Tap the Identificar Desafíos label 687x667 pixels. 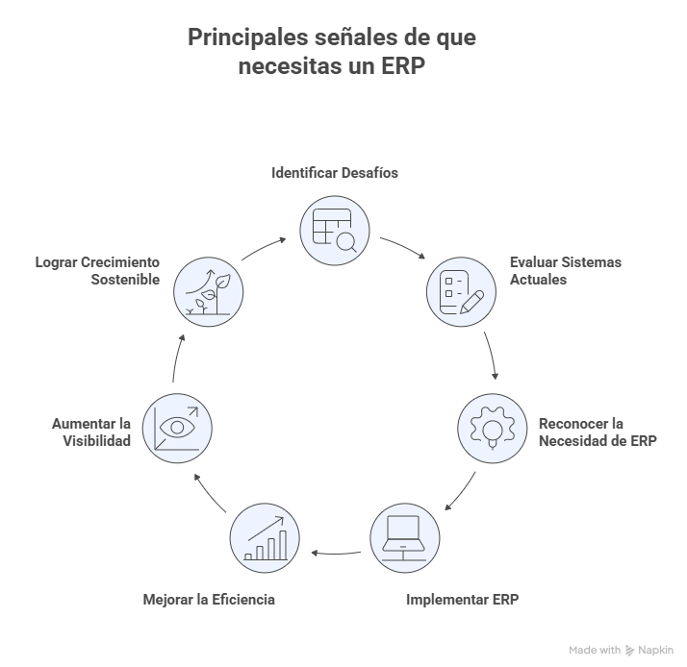pos(335,174)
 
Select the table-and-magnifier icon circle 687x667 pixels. pos(335,231)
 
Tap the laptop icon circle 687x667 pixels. pos(404,537)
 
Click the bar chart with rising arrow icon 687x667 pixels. pos(265,537)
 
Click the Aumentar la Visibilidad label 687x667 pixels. pos(92,432)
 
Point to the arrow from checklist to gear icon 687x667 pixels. pos(493,358)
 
